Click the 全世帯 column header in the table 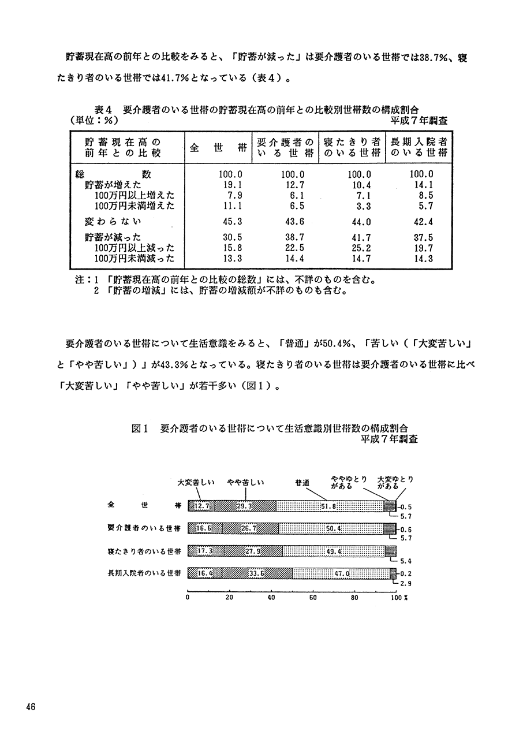215,147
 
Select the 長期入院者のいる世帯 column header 419,147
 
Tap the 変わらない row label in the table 113,222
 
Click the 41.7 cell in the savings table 360,237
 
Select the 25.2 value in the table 360,248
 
